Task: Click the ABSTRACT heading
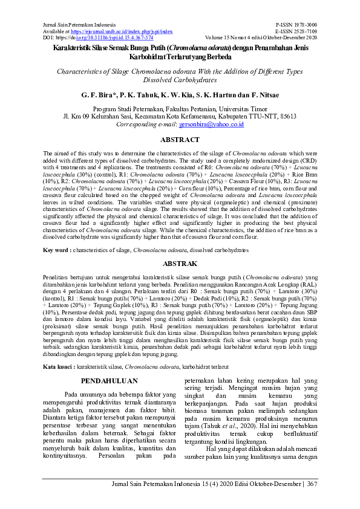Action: pyautogui.click(x=180, y=140)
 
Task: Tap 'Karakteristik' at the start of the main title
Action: pyautogui.click(x=73, y=47)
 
